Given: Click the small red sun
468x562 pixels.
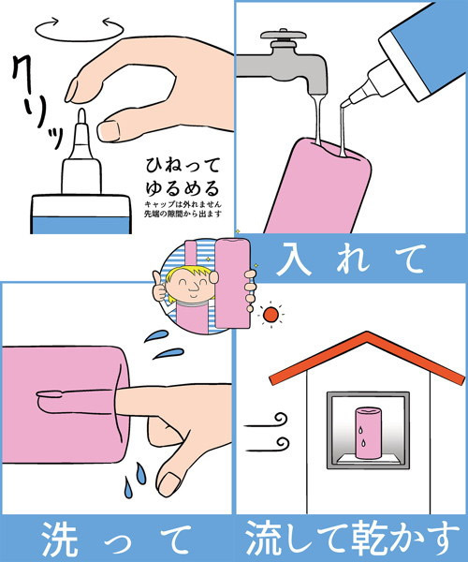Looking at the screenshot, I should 271,315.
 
